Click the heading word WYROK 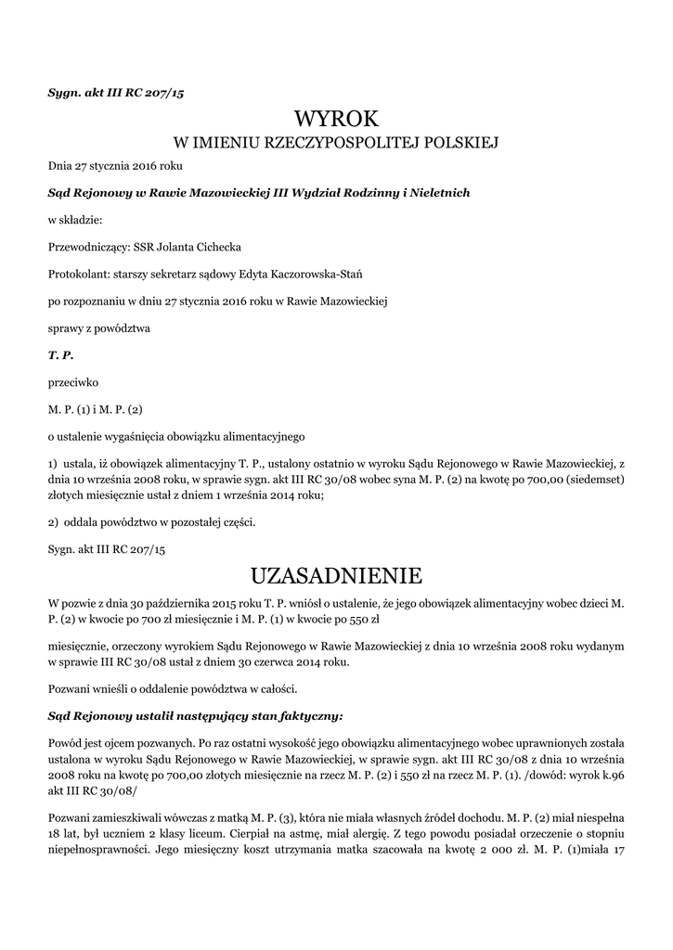[x=336, y=119]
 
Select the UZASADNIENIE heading [x=336, y=575]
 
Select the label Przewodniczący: [x=91, y=247]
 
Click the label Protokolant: [x=80, y=274]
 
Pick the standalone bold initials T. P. [x=60, y=354]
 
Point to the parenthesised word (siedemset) [x=592, y=480]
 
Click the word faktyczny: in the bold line [x=307, y=715]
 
